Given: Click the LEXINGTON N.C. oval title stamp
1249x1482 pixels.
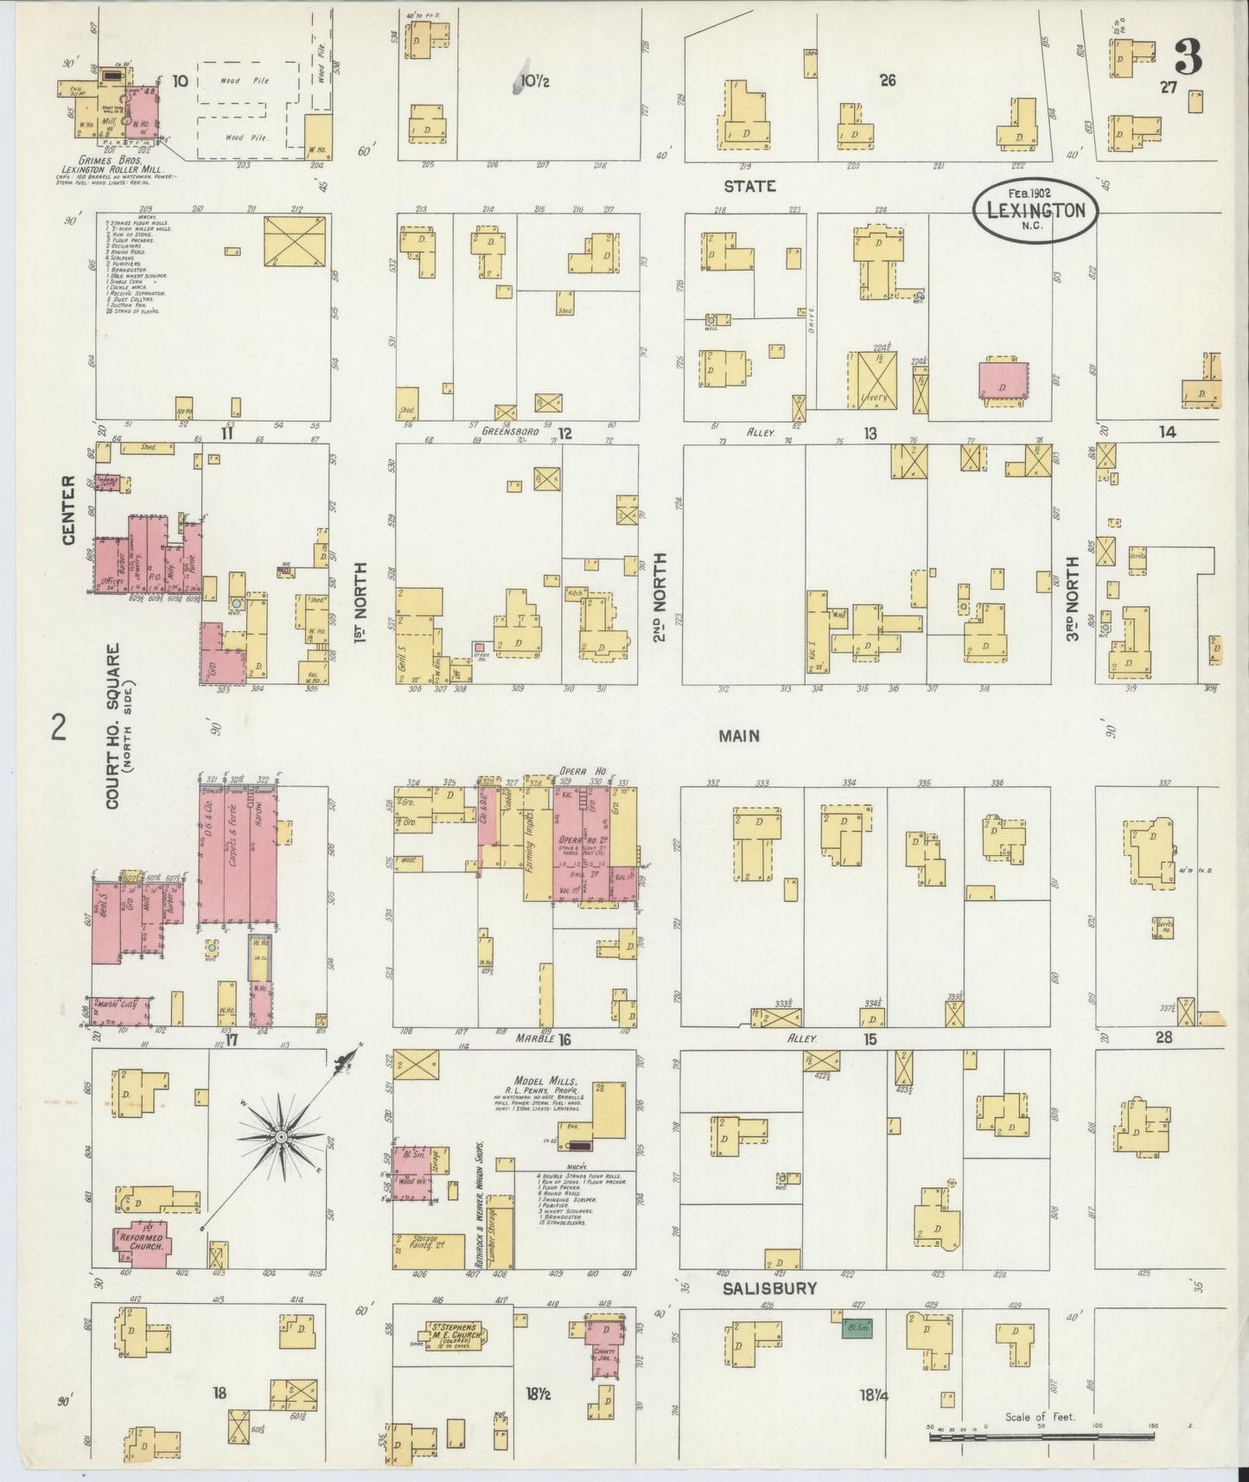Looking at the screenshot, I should coord(1035,209).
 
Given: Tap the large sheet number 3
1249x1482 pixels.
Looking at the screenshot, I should coord(1189,58).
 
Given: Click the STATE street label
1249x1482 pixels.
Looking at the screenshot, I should coord(749,186).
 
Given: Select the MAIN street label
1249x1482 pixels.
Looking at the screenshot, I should coord(739,736).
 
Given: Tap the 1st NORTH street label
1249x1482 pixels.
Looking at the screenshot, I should coord(361,603).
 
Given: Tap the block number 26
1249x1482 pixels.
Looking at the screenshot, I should coord(888,80).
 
